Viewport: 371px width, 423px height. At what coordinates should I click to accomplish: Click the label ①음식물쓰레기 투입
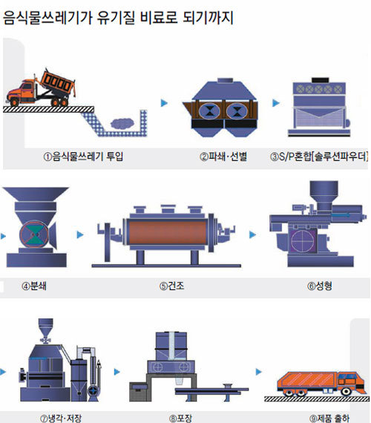tap(83, 156)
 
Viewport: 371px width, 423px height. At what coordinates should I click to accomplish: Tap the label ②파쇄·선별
tap(223, 156)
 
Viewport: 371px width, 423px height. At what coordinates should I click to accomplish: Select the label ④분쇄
tap(34, 286)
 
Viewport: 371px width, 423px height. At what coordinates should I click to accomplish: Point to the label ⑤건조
tap(171, 286)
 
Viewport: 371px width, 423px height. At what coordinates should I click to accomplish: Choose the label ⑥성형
tap(320, 286)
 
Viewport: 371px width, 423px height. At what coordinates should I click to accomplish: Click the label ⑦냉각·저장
tap(61, 418)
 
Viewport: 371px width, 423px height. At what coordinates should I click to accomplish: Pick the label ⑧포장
tap(180, 418)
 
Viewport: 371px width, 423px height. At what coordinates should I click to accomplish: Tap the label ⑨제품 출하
tap(329, 418)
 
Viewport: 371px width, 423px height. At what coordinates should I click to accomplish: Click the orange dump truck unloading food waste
tap(41, 88)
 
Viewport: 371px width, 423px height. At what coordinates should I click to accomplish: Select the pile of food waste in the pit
tap(122, 123)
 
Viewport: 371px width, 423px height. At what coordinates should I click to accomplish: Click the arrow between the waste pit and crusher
tap(164, 103)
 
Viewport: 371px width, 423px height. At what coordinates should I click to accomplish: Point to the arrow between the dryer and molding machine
tap(252, 235)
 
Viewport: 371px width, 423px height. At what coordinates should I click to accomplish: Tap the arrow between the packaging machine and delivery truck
tap(259, 372)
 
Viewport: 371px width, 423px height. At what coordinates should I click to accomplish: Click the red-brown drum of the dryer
tap(168, 232)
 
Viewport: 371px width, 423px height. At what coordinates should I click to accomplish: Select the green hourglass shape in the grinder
tap(35, 235)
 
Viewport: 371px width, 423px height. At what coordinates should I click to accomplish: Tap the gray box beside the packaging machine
tap(140, 392)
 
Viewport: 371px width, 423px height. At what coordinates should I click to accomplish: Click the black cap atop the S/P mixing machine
tap(320, 80)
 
